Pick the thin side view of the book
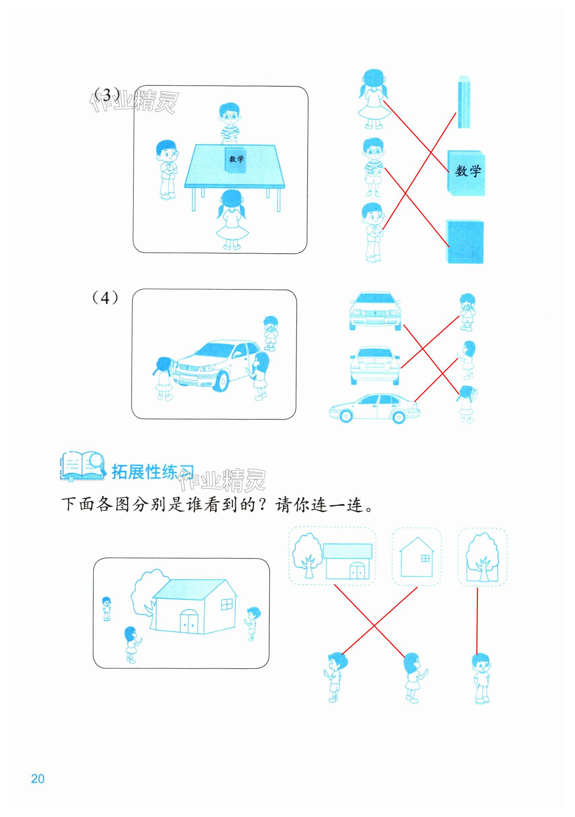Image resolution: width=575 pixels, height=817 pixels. pos(464,102)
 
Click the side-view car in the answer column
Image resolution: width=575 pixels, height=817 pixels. pos(374,408)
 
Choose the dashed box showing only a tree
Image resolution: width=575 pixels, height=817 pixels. pos(482,557)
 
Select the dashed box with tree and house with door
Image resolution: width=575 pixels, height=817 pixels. pos(332,556)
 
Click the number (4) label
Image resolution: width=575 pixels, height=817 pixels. pos(105,297)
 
